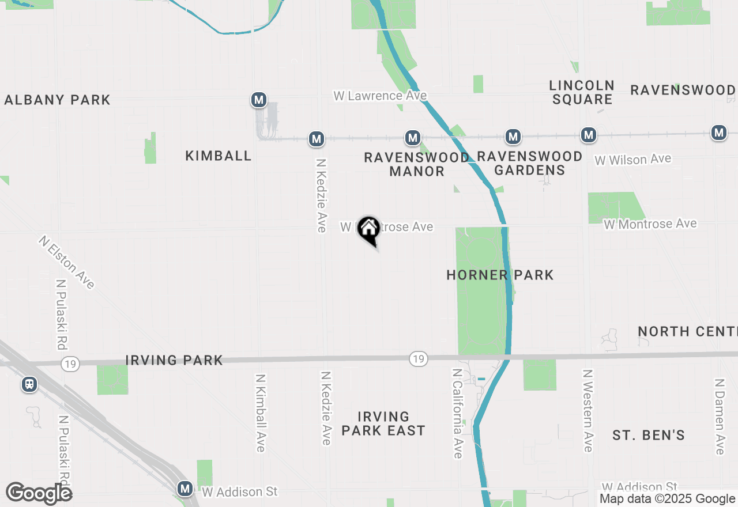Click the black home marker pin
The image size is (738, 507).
[x=368, y=229]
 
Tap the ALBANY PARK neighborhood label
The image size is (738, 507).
[x=57, y=100]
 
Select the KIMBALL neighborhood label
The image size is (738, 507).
[x=219, y=156]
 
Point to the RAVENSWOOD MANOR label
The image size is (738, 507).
[x=416, y=164]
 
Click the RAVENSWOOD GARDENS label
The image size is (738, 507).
[x=529, y=163]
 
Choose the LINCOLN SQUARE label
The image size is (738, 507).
[x=582, y=92]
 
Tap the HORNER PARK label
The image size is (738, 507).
[x=500, y=275]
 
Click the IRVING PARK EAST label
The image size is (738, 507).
[x=383, y=423]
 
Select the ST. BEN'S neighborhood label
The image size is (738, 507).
[x=649, y=435]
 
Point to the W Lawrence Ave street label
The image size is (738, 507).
[x=380, y=96]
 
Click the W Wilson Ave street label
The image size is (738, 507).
[x=633, y=159]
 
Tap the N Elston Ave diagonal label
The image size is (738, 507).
[x=67, y=262]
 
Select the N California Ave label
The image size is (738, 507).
[x=457, y=414]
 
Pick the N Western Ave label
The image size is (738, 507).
[x=588, y=411]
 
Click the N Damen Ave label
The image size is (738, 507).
[x=719, y=417]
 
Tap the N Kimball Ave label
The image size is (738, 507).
[x=261, y=413]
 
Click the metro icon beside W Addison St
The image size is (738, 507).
[x=185, y=489]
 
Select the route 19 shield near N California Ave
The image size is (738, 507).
[x=419, y=359]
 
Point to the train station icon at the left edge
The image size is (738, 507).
[x=29, y=384]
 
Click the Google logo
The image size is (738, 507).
[x=39, y=493]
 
